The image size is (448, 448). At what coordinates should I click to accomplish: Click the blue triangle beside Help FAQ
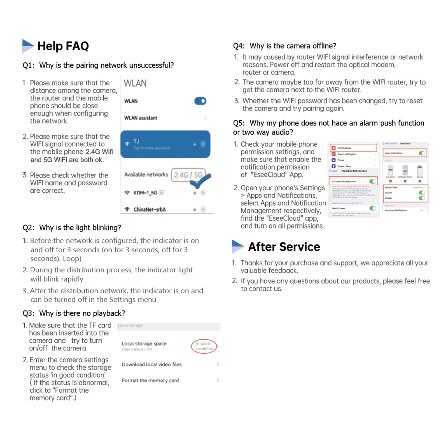27,46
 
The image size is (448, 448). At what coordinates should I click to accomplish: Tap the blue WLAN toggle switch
200,101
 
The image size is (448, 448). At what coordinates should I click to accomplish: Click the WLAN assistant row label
141,118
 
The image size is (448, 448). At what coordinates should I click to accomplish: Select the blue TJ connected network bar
165,144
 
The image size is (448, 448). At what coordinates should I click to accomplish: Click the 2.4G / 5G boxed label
188,175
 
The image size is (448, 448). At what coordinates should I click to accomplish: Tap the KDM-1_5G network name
145,193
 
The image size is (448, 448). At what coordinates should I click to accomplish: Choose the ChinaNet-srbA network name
150,209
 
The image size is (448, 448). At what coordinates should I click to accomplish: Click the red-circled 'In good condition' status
204,346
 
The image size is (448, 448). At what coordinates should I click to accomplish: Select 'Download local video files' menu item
152,364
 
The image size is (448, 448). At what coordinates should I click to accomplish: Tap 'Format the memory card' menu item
150,380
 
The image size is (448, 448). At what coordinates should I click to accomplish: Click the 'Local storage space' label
144,344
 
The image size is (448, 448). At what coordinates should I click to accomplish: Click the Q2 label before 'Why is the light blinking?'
28,228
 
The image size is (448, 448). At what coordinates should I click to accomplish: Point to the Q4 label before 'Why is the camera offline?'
239,46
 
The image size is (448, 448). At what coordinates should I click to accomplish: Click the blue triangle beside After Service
237,246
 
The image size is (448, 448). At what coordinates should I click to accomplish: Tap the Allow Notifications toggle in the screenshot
422,153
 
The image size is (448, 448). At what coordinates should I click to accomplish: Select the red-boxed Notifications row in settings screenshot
353,148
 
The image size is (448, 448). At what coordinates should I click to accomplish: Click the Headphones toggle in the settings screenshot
372,208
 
